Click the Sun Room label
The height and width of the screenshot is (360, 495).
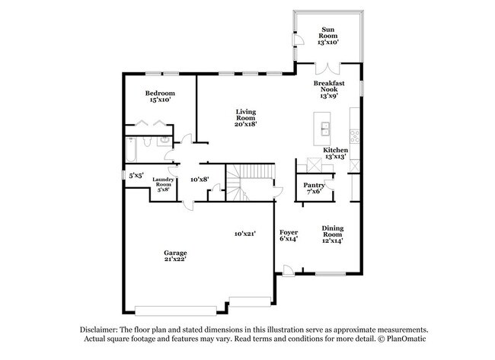click(x=328, y=33)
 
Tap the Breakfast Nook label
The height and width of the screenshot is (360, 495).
click(x=329, y=86)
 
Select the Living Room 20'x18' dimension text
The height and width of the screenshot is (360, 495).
click(x=246, y=124)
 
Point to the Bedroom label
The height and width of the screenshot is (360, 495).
click(x=160, y=93)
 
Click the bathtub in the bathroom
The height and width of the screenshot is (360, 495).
click(x=131, y=149)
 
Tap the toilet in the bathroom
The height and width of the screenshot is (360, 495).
click(x=147, y=142)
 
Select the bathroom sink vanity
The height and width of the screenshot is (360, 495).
click(x=164, y=141)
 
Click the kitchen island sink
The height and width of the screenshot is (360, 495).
click(x=324, y=129)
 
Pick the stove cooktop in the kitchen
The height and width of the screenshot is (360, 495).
click(x=355, y=136)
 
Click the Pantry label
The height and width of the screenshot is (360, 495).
click(x=314, y=185)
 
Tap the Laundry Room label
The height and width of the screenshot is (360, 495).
click(x=163, y=182)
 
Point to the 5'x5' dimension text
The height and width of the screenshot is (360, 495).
click(x=136, y=175)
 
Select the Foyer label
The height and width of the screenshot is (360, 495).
click(x=289, y=233)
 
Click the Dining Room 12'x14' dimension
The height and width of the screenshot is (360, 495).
click(x=333, y=241)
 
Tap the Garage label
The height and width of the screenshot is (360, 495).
click(x=175, y=253)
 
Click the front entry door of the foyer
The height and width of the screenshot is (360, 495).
click(x=289, y=271)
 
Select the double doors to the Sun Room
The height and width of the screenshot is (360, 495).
click(x=327, y=68)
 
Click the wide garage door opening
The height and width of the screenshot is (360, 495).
click(x=175, y=311)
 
